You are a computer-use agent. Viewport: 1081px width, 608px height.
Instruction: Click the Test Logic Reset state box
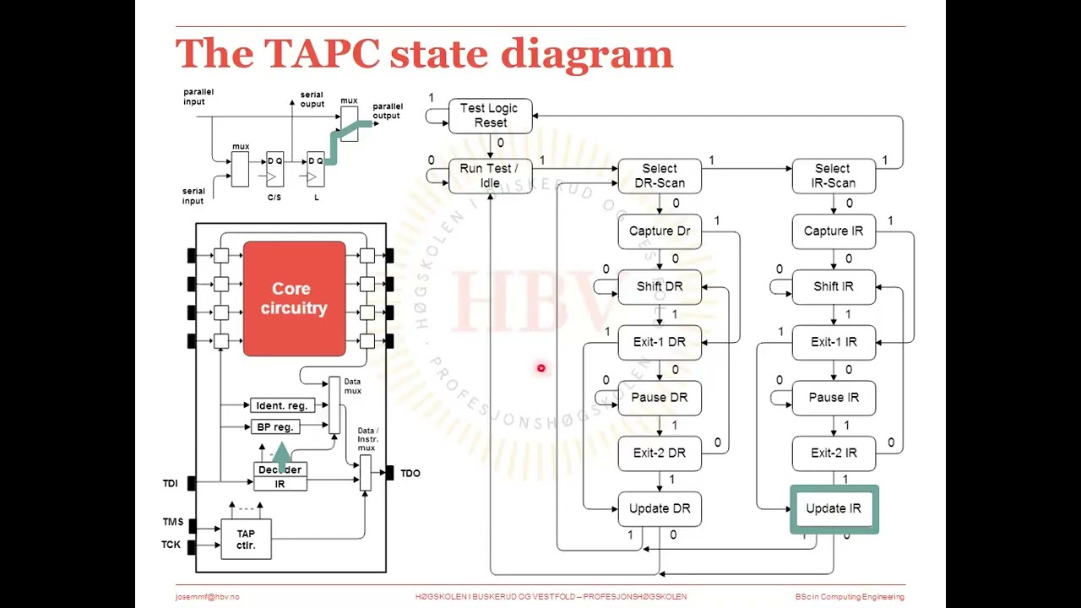[490, 116]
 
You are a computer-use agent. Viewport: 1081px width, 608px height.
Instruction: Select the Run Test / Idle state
[490, 176]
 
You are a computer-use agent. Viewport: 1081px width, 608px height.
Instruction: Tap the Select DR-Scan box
[660, 176]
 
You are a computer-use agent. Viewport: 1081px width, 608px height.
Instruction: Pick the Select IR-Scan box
[834, 176]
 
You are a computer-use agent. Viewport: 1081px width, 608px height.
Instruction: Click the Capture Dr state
[660, 231]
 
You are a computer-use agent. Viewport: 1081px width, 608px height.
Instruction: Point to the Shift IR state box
[834, 287]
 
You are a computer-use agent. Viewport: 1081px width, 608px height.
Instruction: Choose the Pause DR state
[660, 398]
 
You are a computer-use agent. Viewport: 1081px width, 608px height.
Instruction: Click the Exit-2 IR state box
[834, 453]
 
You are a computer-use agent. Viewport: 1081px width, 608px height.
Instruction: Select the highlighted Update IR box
[834, 508]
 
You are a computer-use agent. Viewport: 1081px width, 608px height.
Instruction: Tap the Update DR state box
[660, 508]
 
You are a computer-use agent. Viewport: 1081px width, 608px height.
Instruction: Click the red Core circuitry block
[294, 299]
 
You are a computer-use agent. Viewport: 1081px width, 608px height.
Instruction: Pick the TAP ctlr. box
[246, 540]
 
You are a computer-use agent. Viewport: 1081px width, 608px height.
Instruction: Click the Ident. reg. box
[281, 406]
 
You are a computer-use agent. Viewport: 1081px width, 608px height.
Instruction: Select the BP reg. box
[275, 427]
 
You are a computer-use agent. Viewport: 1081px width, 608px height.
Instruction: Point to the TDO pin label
[410, 474]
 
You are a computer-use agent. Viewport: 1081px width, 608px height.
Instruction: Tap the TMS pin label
[172, 523]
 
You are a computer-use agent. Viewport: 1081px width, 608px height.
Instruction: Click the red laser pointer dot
[540, 367]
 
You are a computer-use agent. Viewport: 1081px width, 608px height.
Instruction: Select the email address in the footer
[207, 597]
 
